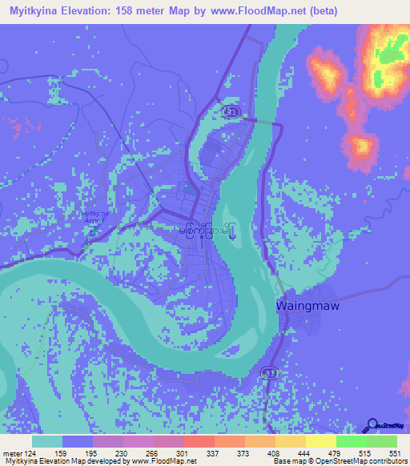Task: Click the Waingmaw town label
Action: [305, 306]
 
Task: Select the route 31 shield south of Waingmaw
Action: [270, 372]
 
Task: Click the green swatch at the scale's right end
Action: [382, 441]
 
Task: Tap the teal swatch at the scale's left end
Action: [47, 441]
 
